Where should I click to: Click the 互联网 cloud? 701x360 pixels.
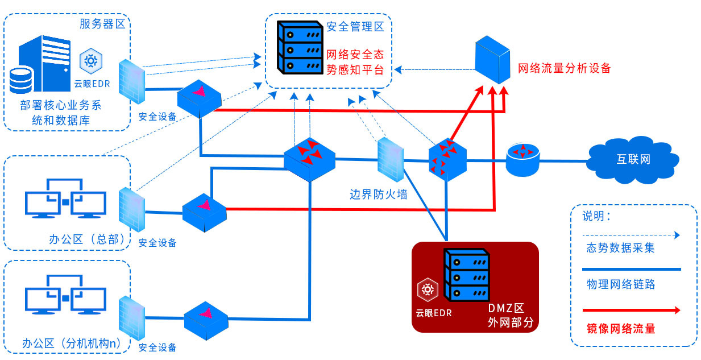click(633, 160)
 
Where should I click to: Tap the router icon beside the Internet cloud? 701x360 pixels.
click(523, 159)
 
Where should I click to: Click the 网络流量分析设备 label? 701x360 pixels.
click(564, 68)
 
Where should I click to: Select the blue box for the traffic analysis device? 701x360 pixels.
click(492, 60)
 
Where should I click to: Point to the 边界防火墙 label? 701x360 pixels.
click(379, 195)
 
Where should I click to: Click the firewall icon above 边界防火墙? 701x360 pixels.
click(390, 160)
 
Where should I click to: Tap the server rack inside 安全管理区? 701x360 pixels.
click(300, 48)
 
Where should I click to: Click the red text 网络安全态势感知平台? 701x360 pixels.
click(355, 62)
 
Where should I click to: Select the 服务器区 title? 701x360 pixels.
click(102, 24)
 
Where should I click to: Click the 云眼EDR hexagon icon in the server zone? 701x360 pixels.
click(91, 61)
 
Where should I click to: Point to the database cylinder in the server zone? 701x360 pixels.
click(20, 80)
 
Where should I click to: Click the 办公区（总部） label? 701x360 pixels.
click(87, 239)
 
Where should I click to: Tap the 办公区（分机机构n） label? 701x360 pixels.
click(72, 344)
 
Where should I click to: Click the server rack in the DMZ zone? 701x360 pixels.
click(467, 275)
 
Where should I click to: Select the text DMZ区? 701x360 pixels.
click(506, 308)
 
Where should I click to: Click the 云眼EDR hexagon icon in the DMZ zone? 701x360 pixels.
click(428, 289)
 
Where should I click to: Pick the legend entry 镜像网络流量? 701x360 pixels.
click(621, 329)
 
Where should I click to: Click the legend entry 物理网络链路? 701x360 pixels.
click(621, 284)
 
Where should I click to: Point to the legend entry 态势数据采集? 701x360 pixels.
click(621, 248)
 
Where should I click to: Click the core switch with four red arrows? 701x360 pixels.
click(309, 159)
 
